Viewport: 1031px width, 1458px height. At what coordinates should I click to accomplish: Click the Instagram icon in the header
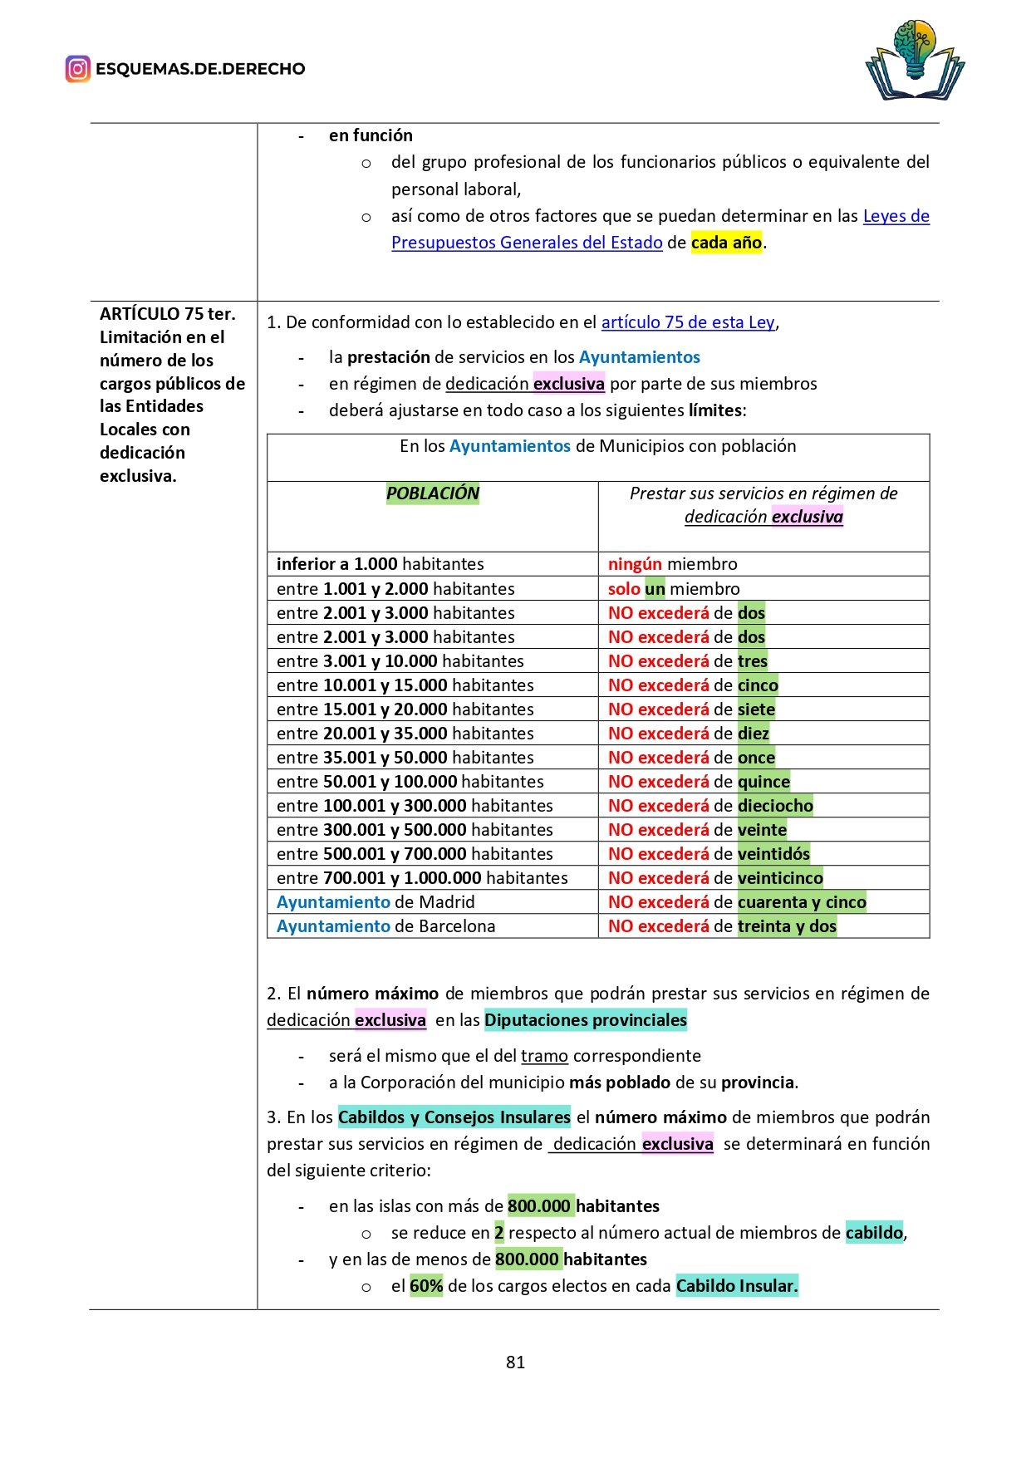[77, 69]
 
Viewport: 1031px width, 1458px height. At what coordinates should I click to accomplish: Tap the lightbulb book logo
[915, 61]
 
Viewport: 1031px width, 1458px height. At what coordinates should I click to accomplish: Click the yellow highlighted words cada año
[726, 243]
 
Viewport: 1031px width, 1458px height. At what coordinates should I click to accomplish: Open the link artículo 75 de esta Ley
[688, 322]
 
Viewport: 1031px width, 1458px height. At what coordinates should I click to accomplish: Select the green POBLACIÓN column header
[433, 493]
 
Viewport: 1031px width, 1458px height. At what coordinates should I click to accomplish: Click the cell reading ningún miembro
[672, 564]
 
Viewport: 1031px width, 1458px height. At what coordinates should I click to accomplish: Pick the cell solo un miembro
[673, 589]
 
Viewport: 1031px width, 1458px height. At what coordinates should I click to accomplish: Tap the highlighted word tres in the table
[753, 661]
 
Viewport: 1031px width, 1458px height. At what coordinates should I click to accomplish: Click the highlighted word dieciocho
[775, 806]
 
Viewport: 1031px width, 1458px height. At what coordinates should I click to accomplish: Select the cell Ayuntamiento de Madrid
[376, 902]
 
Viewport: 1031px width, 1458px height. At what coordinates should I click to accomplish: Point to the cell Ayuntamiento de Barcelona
[385, 926]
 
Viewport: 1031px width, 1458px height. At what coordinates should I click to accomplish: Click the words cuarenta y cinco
[802, 902]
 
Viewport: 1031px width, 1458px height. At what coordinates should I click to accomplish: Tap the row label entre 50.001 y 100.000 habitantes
[410, 782]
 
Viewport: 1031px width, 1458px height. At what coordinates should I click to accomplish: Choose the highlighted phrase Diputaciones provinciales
[586, 1020]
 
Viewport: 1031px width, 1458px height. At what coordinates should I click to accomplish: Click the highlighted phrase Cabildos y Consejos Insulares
[454, 1117]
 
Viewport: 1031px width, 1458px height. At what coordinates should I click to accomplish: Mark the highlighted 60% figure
[426, 1286]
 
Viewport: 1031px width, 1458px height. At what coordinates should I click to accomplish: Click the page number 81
[515, 1362]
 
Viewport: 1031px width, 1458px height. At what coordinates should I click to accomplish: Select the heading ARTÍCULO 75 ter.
[168, 314]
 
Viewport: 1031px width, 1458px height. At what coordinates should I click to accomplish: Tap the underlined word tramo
[544, 1056]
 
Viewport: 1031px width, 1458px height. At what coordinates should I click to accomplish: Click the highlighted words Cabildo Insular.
[736, 1286]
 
